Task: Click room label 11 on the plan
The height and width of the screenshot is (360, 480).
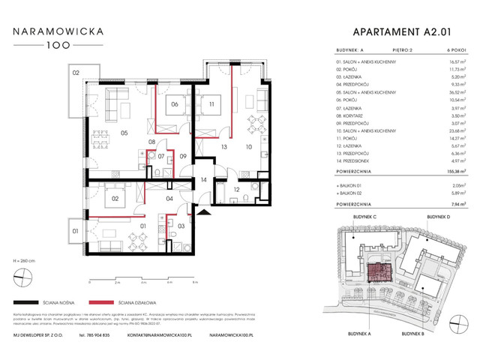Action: (x=212, y=104)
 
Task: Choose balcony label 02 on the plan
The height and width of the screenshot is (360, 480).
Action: (x=76, y=73)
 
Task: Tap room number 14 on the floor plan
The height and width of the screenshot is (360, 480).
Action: (x=204, y=179)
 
